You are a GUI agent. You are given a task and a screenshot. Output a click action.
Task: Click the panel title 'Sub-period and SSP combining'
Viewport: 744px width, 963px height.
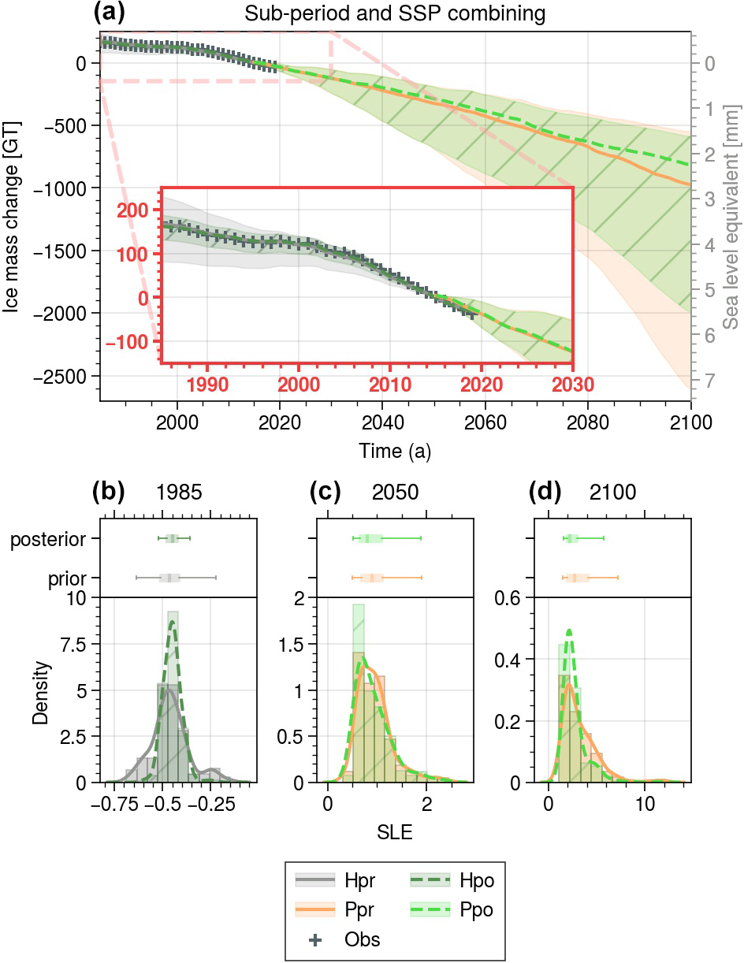(395, 13)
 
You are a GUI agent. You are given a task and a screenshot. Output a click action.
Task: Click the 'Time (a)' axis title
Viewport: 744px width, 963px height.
(395, 452)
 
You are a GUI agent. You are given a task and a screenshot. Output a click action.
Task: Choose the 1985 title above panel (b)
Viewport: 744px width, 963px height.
(180, 493)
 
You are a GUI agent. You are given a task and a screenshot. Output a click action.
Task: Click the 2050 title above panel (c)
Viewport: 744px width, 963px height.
(395, 493)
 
